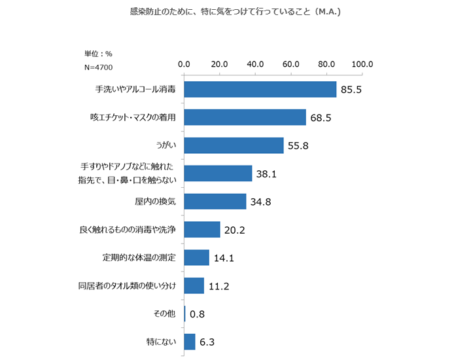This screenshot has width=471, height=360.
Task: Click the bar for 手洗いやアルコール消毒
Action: coord(260,89)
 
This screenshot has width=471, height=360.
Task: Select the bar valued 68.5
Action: coord(245,117)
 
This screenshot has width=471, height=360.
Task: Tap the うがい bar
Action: coord(234,145)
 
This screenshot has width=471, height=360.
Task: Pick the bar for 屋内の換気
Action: coord(215,202)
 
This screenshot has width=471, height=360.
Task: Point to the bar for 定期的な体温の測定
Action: coord(196,258)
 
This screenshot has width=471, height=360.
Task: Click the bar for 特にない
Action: coord(190,342)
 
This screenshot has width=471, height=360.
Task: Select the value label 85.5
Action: coord(351,90)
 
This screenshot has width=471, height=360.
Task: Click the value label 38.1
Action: coord(267,174)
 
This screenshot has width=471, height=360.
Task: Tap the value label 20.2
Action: coord(235,230)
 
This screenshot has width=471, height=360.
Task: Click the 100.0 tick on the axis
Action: coord(362,64)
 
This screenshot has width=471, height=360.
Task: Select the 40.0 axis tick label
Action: coord(255,64)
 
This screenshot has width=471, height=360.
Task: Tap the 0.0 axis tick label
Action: coord(184,64)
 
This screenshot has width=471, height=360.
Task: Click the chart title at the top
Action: coord(235,12)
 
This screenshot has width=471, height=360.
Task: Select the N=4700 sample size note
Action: coord(99,67)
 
